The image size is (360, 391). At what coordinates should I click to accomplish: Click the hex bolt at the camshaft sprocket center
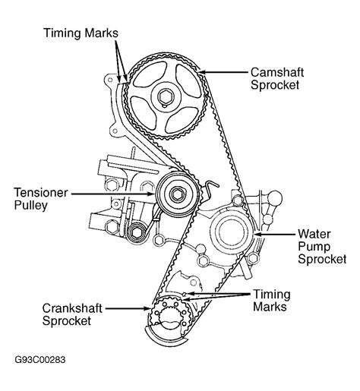pos(166,96)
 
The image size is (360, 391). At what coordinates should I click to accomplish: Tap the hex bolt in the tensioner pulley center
pos(176,194)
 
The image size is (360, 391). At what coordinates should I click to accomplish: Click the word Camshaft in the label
pos(277,72)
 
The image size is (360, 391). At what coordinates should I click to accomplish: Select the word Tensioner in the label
pos(41,193)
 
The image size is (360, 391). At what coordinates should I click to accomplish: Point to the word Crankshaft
pos(72,308)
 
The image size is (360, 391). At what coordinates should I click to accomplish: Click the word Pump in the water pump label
pos(314,248)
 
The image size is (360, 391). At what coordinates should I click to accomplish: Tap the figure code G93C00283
pos(40,360)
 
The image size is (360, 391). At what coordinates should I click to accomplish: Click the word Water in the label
pos(314,234)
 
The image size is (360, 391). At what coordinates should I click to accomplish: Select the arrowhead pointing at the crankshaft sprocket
pos(147,308)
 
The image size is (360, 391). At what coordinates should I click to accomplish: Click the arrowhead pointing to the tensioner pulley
pos(151,194)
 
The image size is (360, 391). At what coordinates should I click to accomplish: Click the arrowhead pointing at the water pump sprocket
pos(257,234)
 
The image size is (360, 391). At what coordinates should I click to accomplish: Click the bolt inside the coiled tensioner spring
pos(137,232)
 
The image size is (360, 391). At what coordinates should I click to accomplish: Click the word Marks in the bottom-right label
pos(270,307)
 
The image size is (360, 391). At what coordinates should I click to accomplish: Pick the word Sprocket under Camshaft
pos(275,85)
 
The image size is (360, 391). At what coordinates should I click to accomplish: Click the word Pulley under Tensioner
pos(31,206)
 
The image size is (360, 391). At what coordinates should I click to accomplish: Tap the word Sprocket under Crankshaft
pos(67,321)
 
